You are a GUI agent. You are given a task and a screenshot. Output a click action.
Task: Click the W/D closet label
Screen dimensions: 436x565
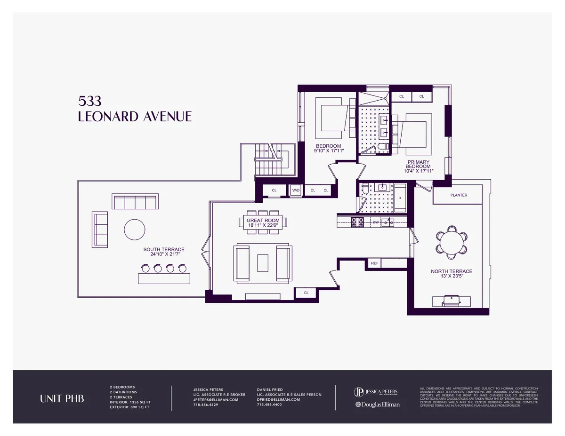click(296, 190)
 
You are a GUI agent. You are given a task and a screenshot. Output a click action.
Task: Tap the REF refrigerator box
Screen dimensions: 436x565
click(375, 263)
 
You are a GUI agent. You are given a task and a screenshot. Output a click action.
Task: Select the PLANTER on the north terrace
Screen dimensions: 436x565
click(458, 195)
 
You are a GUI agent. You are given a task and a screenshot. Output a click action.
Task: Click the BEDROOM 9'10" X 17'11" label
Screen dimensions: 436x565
click(329, 148)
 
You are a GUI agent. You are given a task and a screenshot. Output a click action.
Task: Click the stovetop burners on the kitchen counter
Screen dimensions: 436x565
click(357, 221)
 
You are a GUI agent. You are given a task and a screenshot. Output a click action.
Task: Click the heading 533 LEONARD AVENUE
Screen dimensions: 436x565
click(134, 110)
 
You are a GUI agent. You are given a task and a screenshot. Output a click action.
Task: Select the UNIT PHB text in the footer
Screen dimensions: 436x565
click(62, 399)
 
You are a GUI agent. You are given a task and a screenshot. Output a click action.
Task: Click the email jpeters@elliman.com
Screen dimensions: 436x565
click(216, 399)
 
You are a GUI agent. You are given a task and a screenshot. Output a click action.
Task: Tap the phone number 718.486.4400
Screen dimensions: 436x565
click(269, 404)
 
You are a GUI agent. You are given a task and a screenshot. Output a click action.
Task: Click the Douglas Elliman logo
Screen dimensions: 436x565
click(377, 404)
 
